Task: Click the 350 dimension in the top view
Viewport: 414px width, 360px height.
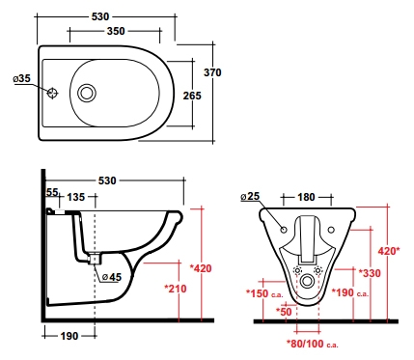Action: click(x=116, y=31)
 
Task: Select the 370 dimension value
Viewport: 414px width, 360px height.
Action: click(x=212, y=72)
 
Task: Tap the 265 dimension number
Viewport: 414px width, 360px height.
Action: click(x=192, y=96)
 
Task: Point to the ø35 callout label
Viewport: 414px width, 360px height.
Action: click(x=21, y=78)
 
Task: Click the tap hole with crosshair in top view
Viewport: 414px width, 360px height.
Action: click(x=52, y=93)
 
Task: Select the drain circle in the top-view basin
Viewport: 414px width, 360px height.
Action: click(x=87, y=93)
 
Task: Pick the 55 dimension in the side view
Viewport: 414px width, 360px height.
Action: click(x=52, y=192)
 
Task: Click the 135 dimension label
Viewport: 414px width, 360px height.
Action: click(x=76, y=197)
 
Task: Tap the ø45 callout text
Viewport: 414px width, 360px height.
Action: click(x=112, y=277)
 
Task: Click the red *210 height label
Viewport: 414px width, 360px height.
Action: click(x=176, y=289)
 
